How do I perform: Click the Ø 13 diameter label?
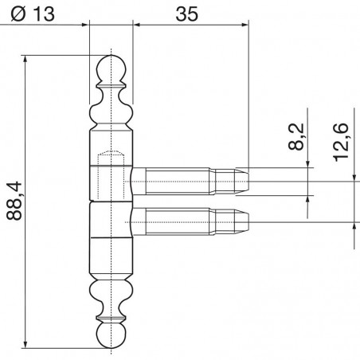coord(33,14)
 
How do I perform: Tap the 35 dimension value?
coord(187,14)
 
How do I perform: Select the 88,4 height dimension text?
coord(14,201)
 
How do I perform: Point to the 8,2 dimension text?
coord(296,137)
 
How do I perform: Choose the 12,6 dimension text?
coord(341,142)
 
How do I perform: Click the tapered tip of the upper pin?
coord(242,182)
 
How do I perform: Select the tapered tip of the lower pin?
coord(242,222)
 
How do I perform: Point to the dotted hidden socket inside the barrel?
coord(111,175)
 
